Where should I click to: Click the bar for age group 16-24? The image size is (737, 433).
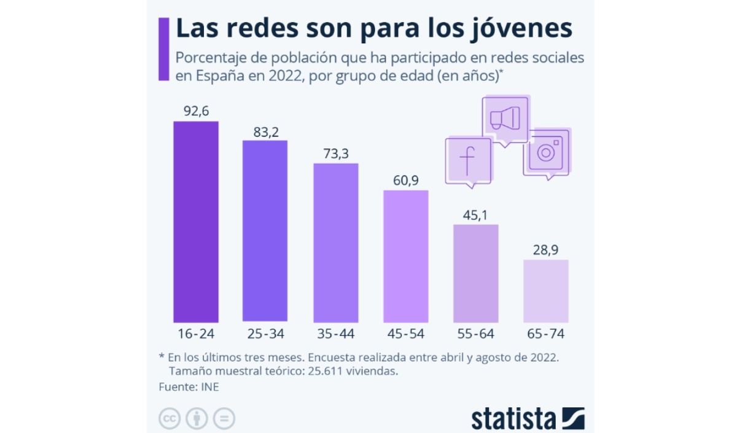click(196, 221)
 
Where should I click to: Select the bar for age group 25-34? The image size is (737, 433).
click(265, 231)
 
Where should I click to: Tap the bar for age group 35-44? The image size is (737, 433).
click(335, 243)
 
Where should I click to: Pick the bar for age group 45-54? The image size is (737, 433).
click(406, 256)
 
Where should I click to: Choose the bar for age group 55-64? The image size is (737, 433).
click(476, 273)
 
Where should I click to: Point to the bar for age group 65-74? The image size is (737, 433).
click(546, 291)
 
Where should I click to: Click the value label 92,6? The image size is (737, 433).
click(196, 111)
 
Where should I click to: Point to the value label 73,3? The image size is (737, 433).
click(335, 154)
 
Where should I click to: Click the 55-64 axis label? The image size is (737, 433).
click(476, 334)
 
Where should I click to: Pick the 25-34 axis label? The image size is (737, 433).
click(265, 334)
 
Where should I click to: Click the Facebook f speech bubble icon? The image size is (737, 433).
click(468, 161)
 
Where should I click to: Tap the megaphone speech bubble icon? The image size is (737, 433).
click(505, 119)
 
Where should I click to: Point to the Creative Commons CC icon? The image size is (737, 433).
click(170, 418)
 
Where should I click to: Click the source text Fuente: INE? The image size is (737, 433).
click(189, 387)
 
